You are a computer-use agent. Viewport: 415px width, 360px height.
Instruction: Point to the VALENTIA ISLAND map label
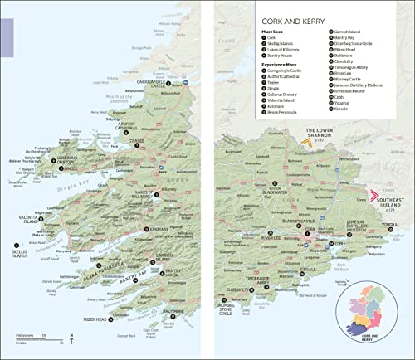[x=28, y=222]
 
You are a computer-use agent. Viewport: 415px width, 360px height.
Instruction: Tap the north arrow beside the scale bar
[x=72, y=336]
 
